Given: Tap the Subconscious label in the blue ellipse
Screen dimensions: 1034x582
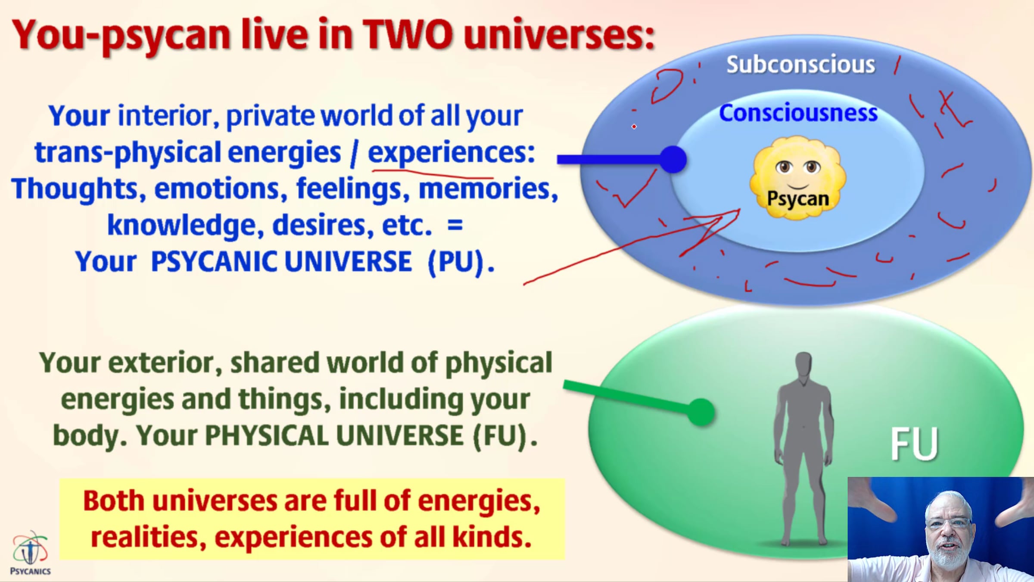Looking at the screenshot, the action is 800,65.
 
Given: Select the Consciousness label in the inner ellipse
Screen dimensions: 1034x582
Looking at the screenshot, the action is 798,113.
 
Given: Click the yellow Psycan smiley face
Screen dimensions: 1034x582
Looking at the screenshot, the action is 797,178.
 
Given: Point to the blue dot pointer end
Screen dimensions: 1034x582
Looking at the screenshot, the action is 673,160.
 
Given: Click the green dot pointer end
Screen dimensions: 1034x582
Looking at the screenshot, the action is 701,413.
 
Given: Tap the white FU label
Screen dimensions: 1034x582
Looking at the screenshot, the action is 914,444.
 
